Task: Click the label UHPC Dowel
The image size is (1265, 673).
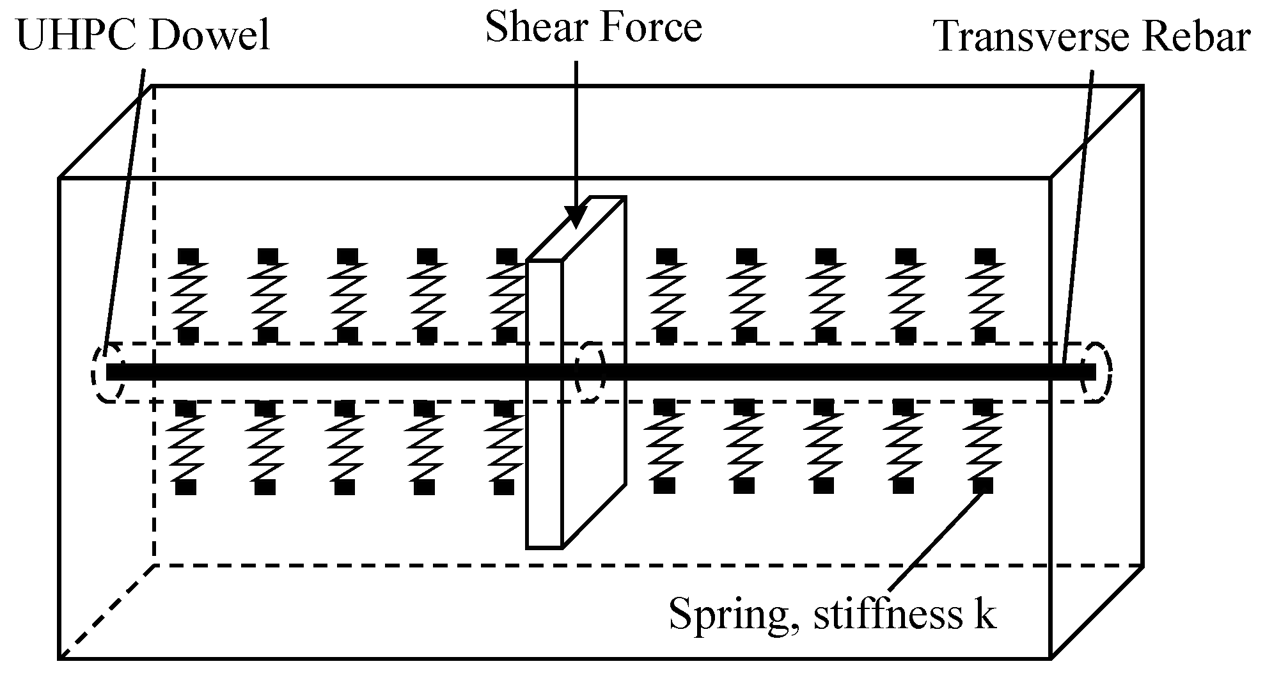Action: point(143,35)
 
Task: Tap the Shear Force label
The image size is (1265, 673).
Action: point(593,27)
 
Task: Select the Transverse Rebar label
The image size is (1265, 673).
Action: point(1092,36)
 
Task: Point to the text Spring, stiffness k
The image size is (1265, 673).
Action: point(832,615)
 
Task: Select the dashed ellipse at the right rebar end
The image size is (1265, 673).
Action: point(1096,372)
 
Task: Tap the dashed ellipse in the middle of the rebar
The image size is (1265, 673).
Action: point(590,372)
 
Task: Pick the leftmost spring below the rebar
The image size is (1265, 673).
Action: point(186,447)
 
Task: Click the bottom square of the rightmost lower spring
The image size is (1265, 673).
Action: point(984,486)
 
